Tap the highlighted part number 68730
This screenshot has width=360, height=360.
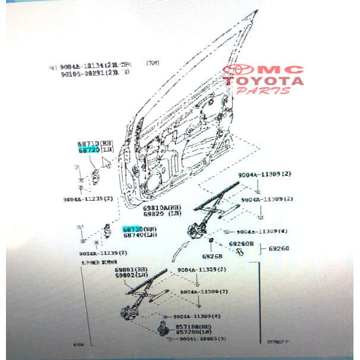[x=132, y=229]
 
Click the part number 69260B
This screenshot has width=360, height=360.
[x=241, y=244]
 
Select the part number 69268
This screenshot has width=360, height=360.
[x=211, y=257]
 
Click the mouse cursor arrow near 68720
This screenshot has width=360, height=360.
[x=108, y=160]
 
